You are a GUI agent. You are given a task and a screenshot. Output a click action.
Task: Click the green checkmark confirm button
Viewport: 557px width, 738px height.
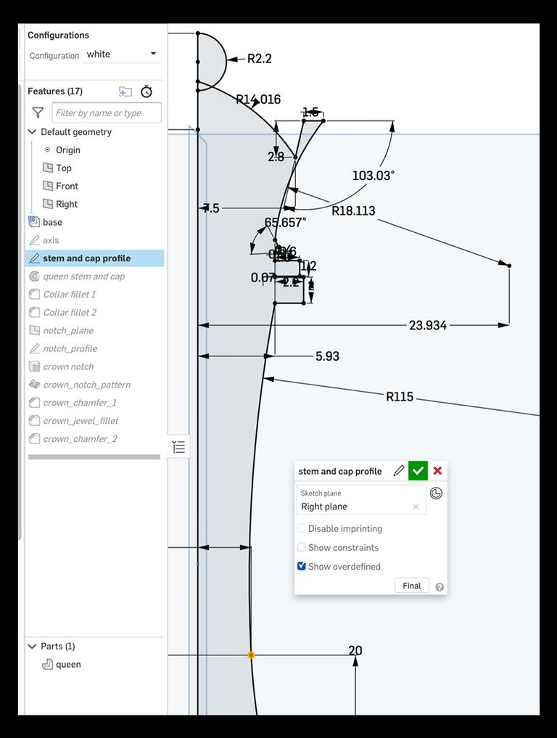(418, 471)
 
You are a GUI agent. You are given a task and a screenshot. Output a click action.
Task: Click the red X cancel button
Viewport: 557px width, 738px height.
(437, 471)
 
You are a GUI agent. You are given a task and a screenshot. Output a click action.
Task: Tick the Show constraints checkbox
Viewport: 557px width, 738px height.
(302, 547)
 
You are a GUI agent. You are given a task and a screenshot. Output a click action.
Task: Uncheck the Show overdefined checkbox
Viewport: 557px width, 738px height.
(302, 566)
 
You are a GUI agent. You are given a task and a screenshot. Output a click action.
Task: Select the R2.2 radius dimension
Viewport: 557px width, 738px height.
(259, 59)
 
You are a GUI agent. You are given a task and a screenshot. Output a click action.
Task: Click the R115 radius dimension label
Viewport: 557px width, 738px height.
(400, 396)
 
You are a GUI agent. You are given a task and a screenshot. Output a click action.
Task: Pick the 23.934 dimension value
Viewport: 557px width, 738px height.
(428, 325)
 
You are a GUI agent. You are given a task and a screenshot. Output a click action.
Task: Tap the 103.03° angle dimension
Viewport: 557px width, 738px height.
(373, 176)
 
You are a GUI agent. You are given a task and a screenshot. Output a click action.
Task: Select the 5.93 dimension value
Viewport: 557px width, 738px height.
(327, 356)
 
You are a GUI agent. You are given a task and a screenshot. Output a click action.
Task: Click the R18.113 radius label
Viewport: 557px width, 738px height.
(353, 211)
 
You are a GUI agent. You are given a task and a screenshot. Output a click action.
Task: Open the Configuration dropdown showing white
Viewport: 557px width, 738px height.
(121, 54)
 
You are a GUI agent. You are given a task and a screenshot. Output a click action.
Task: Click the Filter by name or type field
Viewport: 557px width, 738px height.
(107, 112)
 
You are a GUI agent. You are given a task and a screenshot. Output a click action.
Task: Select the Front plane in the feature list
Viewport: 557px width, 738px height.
(67, 186)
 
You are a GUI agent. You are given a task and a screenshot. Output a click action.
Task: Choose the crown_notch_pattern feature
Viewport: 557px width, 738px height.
(86, 385)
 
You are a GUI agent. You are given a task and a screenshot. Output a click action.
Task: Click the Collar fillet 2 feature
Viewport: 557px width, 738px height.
(70, 312)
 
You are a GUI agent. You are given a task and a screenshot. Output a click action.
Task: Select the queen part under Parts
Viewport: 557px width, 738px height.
(68, 664)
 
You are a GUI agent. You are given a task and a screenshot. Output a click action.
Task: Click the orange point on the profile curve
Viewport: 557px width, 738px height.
(251, 655)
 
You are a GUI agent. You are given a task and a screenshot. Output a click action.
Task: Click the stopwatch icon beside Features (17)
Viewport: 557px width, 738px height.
(147, 91)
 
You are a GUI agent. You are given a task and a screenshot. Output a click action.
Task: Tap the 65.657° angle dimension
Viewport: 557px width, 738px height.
(285, 222)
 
